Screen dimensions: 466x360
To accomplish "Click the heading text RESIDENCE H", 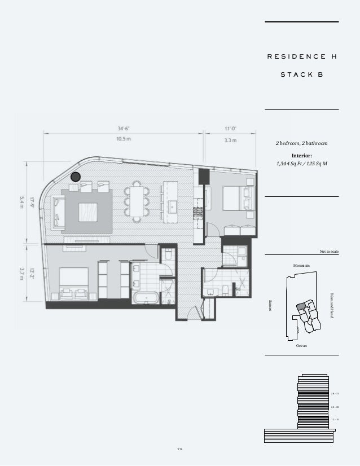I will click(301, 56).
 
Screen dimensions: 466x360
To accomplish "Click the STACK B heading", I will click(302, 74).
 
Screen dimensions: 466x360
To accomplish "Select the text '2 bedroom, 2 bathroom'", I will click(301, 144).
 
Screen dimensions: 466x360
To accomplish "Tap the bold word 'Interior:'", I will click(301, 155).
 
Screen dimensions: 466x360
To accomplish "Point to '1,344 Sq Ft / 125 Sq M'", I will click(301, 163).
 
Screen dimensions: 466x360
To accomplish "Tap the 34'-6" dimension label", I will click(124, 128).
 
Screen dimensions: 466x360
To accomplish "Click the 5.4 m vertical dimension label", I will click(22, 202).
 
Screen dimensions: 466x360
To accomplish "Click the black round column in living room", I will click(76, 177).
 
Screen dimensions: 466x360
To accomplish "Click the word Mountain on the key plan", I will click(302, 265).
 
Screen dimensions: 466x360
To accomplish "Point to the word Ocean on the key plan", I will click(301, 345).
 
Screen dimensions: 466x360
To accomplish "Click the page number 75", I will click(180, 449).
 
